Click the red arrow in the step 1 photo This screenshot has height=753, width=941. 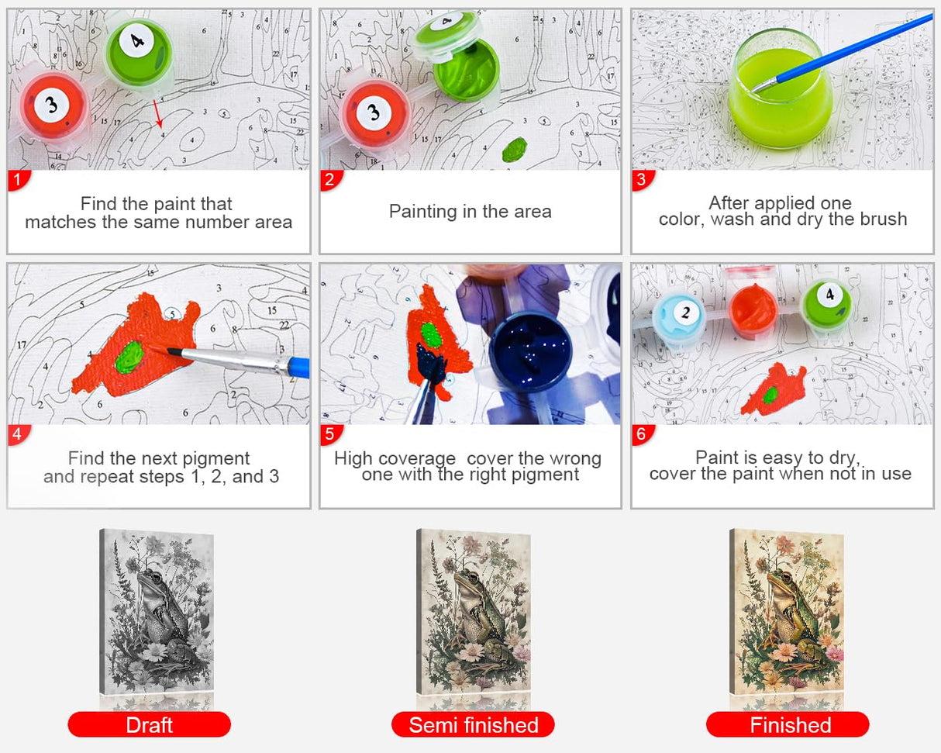(x=157, y=113)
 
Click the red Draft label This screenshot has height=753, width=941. (x=149, y=725)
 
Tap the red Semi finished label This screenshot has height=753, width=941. (x=473, y=725)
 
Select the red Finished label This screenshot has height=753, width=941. (x=788, y=725)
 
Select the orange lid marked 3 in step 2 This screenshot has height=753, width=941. (x=374, y=113)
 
